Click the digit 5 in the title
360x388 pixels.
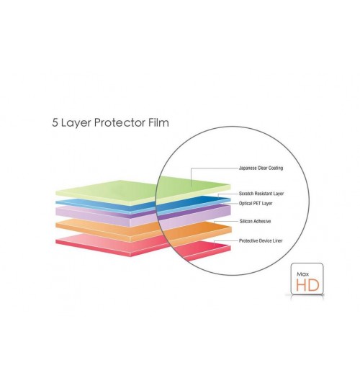coord(55,122)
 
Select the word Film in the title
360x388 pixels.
coord(159,122)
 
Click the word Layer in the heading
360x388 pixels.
coord(76,123)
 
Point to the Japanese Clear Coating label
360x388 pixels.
coord(261,168)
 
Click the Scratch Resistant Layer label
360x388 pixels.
coord(261,194)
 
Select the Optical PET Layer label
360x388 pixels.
coord(256,204)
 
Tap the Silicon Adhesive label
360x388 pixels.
coord(255,221)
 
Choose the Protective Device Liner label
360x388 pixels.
coord(261,240)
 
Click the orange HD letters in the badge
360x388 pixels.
coord(307,285)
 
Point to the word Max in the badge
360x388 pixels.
coord(302,274)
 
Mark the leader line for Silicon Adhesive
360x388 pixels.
coord(225,221)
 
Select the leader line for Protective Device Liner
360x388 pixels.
coord(225,240)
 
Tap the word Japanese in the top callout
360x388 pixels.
coord(248,168)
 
